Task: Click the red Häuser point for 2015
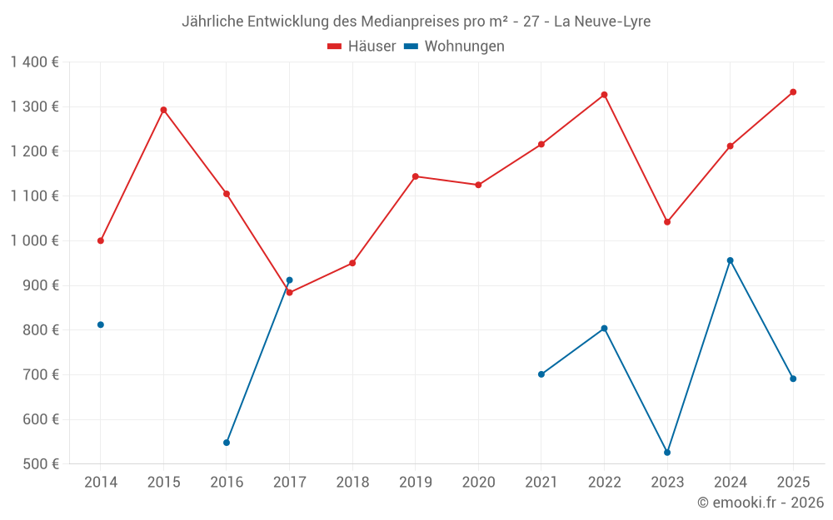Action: [163, 110]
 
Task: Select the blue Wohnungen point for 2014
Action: [101, 324]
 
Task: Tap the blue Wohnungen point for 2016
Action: [227, 443]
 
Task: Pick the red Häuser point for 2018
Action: [352, 263]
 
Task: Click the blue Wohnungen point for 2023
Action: [667, 453]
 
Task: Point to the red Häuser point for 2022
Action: [604, 95]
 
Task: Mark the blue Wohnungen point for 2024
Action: [731, 260]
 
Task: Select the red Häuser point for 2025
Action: [793, 92]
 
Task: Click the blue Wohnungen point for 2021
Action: [541, 374]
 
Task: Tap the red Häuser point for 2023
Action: [667, 222]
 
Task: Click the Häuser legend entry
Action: [362, 47]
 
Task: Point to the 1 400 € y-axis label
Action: [34, 62]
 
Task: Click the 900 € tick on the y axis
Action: [41, 285]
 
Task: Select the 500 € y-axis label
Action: [41, 464]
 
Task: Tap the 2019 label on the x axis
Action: [416, 483]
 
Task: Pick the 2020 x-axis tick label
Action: [478, 483]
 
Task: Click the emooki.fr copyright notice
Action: [760, 503]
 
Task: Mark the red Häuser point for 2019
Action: [416, 176]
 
